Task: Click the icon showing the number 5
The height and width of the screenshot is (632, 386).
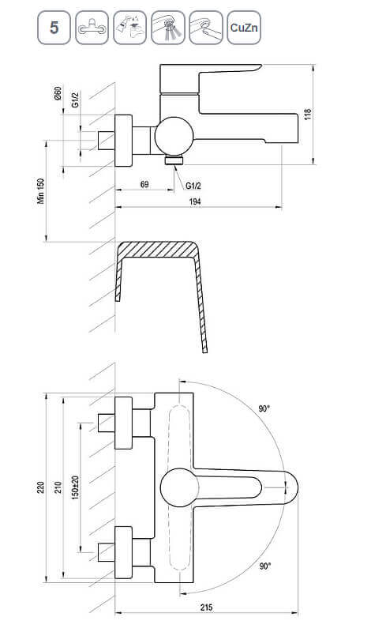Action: coord(54,28)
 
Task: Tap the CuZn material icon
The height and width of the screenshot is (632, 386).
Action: coord(244,28)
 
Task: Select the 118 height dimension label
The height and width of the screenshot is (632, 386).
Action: coord(308,114)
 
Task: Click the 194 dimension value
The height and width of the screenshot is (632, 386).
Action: coord(195,201)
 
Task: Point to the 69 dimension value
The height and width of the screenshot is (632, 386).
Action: coord(144,184)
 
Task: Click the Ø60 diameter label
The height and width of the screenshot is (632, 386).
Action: coord(58,93)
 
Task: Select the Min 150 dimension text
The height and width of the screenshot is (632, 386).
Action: coord(41,191)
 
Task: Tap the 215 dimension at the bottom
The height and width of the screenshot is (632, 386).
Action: coord(206,607)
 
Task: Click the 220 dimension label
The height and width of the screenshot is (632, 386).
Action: coord(41,487)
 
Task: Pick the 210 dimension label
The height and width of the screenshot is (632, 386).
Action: coord(58,487)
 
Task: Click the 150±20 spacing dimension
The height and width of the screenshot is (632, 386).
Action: coord(75,487)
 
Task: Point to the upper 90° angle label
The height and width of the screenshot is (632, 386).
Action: coord(264,408)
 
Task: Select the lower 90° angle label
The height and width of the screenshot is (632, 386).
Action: coord(265,566)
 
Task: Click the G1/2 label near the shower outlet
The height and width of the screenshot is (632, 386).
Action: coord(193,186)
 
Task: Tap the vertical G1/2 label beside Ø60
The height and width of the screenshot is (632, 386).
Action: coord(75,100)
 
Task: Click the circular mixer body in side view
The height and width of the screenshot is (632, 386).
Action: coord(174,136)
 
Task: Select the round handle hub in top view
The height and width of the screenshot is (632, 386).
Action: coord(179,487)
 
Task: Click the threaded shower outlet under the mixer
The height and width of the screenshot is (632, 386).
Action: coord(174,160)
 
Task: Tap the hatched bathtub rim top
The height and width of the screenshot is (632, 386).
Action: coord(157,249)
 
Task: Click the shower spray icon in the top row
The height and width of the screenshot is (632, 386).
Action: coord(168,28)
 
